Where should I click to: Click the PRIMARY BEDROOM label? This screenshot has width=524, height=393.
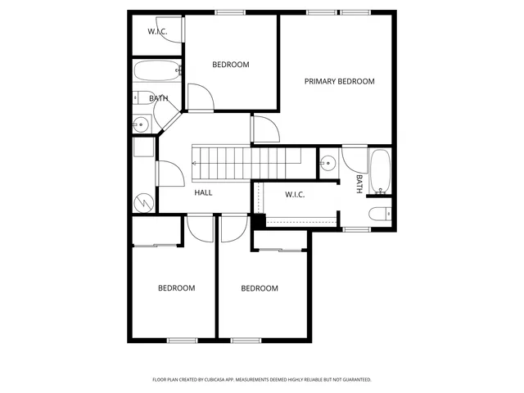pyautogui.click(x=339, y=81)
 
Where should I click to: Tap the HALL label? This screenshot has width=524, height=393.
pyautogui.click(x=203, y=192)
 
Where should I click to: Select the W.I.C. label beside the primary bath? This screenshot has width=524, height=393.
pyautogui.click(x=295, y=194)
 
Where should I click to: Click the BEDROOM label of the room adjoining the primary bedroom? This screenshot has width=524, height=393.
pyautogui.click(x=230, y=65)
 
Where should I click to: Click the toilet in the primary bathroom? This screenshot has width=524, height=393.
pyautogui.click(x=381, y=215)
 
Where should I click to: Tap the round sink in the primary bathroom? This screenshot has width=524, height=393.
pyautogui.click(x=328, y=162)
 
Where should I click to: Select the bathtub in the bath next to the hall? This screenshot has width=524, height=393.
pyautogui.click(x=156, y=71)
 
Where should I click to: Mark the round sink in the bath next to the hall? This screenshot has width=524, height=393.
pyautogui.click(x=141, y=125)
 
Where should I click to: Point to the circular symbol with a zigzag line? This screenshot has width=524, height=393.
pyautogui.click(x=144, y=201)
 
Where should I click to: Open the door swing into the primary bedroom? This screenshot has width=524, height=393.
pyautogui.click(x=264, y=129)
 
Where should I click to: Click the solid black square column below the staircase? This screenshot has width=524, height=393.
pyautogui.click(x=259, y=220)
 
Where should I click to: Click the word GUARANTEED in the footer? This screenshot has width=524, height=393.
pyautogui.click(x=354, y=380)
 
